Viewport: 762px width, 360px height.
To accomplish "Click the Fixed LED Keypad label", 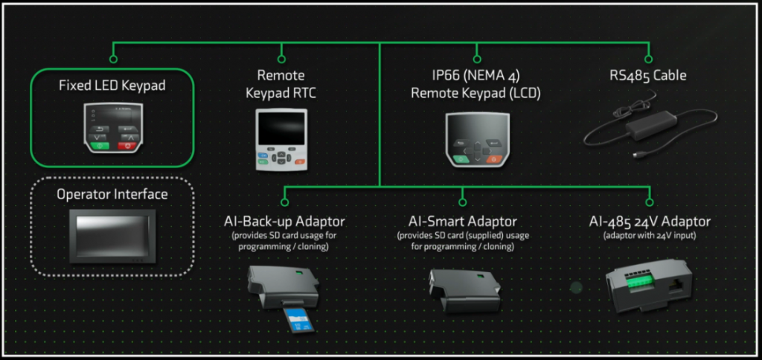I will (x=112, y=86).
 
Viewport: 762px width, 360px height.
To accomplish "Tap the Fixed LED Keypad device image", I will (x=112, y=127).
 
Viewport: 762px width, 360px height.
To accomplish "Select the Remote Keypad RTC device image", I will (x=281, y=140).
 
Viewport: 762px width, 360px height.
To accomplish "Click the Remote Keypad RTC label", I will (x=281, y=83).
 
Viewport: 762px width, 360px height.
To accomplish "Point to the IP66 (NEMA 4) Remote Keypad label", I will (x=476, y=83).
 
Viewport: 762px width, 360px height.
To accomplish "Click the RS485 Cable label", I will (x=648, y=75).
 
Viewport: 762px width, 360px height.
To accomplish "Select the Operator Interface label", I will (x=112, y=194).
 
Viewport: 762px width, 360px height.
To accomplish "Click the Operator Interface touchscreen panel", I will (x=112, y=237).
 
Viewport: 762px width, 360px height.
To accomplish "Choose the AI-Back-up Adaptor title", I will (x=284, y=222).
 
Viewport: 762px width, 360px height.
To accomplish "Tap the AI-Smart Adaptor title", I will (x=462, y=222).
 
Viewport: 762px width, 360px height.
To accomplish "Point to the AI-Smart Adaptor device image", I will (x=462, y=288).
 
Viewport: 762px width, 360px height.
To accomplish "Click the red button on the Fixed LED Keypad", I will (x=128, y=146).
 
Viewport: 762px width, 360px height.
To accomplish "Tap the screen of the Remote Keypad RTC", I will (x=281, y=126).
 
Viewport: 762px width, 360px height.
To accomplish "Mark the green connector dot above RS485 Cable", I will (x=648, y=58).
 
